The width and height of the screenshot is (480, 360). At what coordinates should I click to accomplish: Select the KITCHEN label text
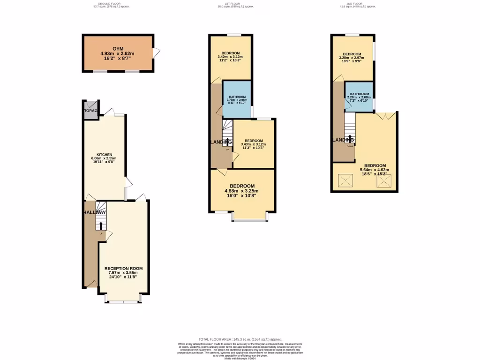tap(104, 154)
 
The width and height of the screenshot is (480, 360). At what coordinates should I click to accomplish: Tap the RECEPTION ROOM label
tap(123, 269)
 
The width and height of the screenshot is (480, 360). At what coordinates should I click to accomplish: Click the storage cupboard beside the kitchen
tap(90, 111)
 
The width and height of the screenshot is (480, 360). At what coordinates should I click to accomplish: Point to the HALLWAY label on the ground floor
tap(95, 213)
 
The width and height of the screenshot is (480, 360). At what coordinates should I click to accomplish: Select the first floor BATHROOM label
tap(237, 96)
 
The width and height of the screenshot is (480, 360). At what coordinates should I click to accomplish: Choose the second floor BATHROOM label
tap(360, 94)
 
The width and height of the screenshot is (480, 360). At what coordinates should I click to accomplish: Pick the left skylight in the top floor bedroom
tap(345, 180)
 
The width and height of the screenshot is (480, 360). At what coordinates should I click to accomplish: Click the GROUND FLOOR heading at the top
tap(110, 4)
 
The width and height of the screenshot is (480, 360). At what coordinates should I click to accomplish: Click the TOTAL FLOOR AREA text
tap(240, 339)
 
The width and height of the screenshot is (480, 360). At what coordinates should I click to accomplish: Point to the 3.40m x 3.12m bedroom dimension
tap(230, 57)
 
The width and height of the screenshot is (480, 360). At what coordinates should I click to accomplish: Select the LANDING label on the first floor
tap(220, 142)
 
